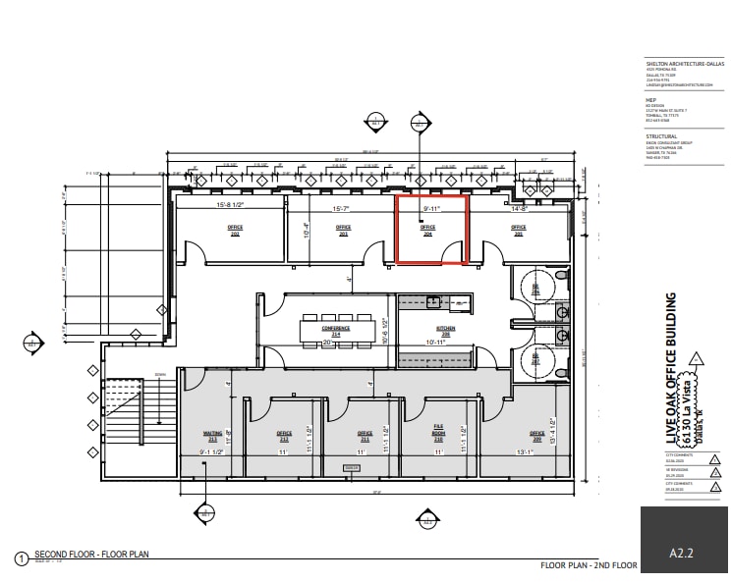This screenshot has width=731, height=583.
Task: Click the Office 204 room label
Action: pos(427,230)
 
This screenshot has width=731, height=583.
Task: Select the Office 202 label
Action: pos(236,230)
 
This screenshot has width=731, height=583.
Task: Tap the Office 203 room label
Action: pos(343,230)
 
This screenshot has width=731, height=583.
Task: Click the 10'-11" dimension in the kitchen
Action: pos(434,343)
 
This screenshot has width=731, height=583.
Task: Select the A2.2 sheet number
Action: pos(682,554)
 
